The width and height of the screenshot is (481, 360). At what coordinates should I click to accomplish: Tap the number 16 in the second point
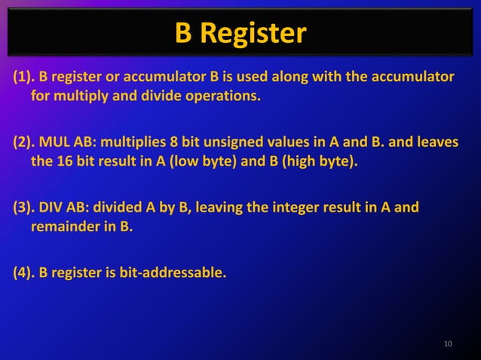click(x=65, y=161)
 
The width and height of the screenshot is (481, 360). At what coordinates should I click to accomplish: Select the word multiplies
click(x=134, y=142)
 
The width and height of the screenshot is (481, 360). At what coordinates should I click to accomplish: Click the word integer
click(x=301, y=207)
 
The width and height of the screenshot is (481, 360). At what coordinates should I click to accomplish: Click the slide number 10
click(x=449, y=345)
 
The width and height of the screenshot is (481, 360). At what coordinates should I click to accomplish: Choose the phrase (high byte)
click(x=319, y=161)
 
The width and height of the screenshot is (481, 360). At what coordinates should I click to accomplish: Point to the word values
click(x=297, y=142)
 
